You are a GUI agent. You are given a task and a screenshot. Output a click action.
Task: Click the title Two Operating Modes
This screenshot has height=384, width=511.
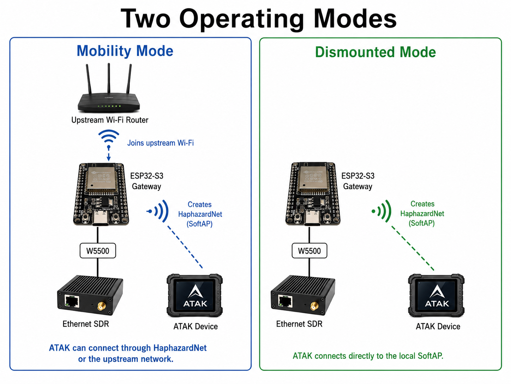point(258,19)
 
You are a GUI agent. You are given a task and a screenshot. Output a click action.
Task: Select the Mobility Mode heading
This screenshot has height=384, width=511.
point(125,51)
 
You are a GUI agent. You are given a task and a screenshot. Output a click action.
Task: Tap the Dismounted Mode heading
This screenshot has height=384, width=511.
point(375,52)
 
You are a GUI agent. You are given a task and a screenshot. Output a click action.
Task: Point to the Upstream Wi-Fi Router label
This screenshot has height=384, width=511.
point(110,120)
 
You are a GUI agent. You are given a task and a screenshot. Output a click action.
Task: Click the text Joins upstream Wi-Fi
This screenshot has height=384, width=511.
point(161,143)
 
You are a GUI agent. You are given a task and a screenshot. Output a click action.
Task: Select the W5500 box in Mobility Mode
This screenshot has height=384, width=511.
point(98,251)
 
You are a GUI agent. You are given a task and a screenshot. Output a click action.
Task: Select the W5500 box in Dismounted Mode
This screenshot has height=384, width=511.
point(309,251)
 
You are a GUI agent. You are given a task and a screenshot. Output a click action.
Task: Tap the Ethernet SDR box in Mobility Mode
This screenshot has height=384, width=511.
point(90,295)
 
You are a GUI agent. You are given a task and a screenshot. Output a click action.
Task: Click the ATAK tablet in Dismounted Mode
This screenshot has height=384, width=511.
point(436,295)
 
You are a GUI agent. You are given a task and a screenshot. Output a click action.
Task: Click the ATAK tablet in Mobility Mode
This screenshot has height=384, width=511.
point(194,295)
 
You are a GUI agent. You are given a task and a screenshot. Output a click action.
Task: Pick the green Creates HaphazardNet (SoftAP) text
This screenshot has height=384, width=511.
point(422,213)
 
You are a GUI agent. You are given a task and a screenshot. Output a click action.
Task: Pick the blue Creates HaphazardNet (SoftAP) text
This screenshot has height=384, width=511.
point(200,214)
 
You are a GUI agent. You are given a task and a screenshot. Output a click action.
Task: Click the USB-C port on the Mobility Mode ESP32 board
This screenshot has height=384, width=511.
point(101,218)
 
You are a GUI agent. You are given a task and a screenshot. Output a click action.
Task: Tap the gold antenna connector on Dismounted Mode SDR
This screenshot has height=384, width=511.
point(314,306)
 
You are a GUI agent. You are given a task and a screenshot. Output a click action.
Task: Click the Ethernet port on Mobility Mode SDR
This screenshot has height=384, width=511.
point(72,301)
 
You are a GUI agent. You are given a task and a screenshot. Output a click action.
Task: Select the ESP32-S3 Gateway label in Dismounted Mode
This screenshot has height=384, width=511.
point(358,181)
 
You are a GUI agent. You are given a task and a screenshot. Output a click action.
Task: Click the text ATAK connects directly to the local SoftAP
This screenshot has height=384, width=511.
point(368,356)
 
